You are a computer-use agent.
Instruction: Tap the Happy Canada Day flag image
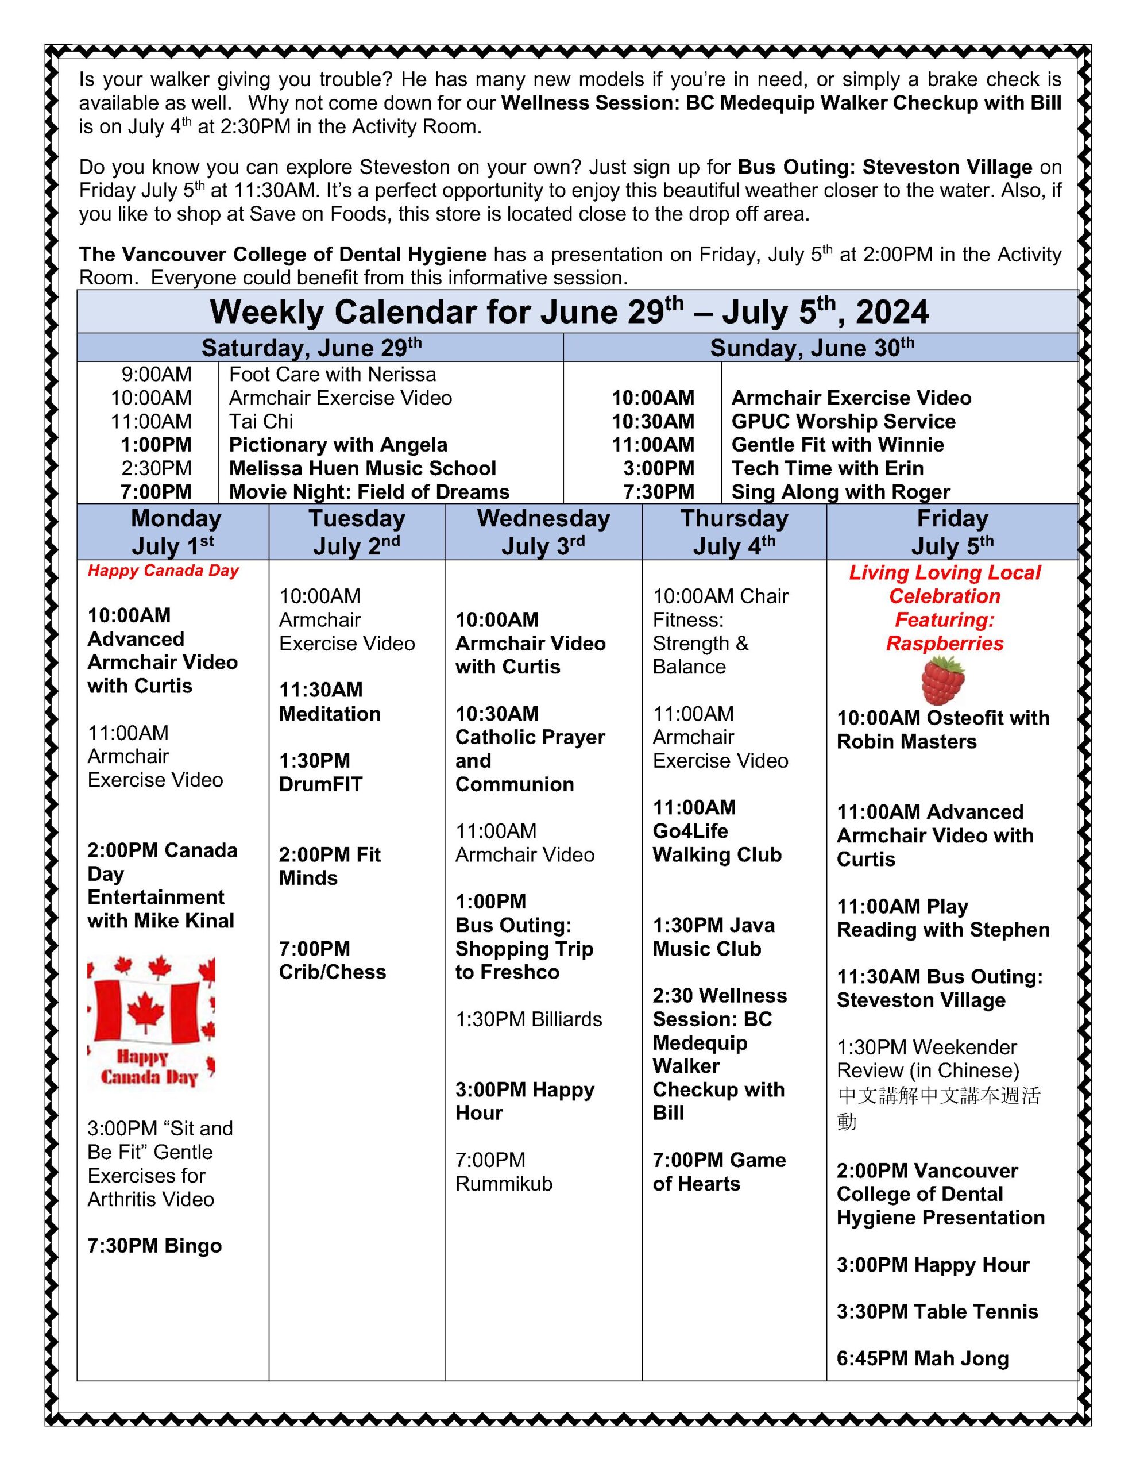tap(152, 1022)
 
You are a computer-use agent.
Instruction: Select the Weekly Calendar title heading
tap(569, 312)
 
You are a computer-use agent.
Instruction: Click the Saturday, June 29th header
tap(311, 348)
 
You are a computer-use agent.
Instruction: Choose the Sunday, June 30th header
tap(812, 348)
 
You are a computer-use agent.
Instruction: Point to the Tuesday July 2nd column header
tap(356, 532)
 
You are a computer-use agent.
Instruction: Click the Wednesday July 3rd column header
tap(543, 532)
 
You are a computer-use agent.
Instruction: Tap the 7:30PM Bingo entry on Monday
tap(154, 1246)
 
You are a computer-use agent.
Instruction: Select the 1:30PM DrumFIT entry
tap(320, 772)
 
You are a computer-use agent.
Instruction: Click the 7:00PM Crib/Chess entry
tap(332, 961)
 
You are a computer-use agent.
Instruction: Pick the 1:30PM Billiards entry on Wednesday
tap(528, 1019)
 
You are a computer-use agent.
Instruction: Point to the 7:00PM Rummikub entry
tap(504, 1172)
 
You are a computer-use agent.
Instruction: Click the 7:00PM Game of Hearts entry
tap(718, 1172)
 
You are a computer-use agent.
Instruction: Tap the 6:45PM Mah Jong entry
tap(922, 1358)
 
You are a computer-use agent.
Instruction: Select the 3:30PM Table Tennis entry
tap(937, 1311)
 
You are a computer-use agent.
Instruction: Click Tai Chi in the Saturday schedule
tap(261, 422)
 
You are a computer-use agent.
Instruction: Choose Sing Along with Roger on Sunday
tap(840, 492)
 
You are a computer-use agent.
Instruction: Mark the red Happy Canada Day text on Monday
tap(163, 571)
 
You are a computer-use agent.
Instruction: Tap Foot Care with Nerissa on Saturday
tap(332, 375)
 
